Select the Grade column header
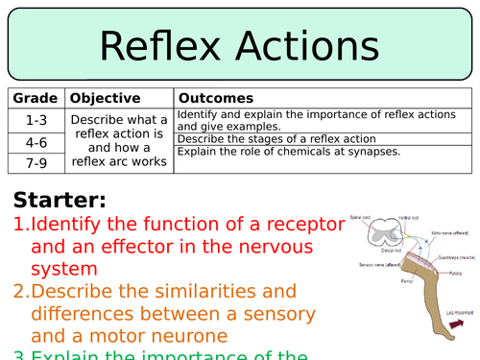[36, 98]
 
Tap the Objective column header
[106, 98]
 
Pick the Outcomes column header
[217, 98]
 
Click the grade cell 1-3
[36, 119]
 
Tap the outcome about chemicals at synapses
[289, 152]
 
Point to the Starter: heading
[60, 201]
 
